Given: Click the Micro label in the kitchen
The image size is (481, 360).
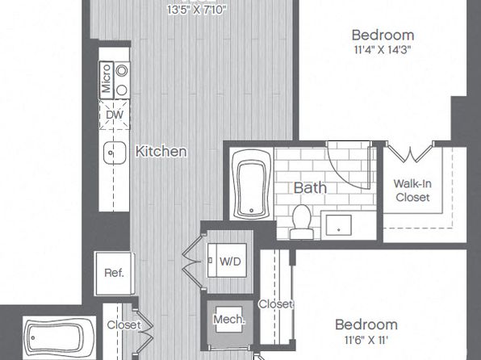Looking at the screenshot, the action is pyautogui.click(x=106, y=78).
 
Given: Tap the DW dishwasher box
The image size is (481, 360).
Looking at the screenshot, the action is pyautogui.click(x=115, y=115).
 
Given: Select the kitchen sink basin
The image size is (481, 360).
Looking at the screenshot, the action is pyautogui.click(x=115, y=153).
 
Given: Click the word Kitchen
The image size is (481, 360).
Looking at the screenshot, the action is pyautogui.click(x=161, y=152).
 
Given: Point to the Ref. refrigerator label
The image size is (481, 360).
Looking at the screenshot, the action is pyautogui.click(x=114, y=273).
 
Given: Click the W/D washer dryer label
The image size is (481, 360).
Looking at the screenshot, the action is pyautogui.click(x=230, y=262).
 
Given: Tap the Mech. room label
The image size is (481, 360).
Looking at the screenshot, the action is pyautogui.click(x=229, y=320).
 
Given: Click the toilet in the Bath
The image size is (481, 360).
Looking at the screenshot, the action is pyautogui.click(x=302, y=222).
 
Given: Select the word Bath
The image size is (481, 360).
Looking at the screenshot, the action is pyautogui.click(x=310, y=188).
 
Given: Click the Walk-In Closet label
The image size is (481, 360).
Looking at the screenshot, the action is pyautogui.click(x=412, y=190).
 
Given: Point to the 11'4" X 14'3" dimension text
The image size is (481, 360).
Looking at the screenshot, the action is pyautogui.click(x=383, y=50).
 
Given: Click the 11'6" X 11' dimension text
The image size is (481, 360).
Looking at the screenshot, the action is pyautogui.click(x=366, y=340).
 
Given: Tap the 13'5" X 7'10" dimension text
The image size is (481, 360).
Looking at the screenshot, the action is pyautogui.click(x=197, y=10).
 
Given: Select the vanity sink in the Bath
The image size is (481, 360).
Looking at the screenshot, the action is pyautogui.click(x=339, y=225).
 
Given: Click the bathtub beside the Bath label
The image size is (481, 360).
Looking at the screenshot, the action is pyautogui.click(x=252, y=184).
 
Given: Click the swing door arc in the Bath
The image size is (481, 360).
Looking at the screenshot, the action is pyautogui.click(x=341, y=176).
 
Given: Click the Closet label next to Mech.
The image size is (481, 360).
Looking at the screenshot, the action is pyautogui.click(x=275, y=304).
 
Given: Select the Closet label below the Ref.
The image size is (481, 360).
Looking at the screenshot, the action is pyautogui.click(x=124, y=325).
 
